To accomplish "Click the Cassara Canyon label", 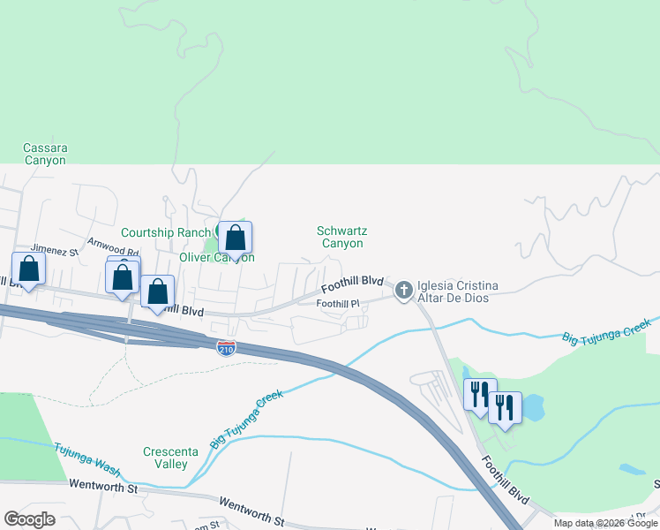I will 45,155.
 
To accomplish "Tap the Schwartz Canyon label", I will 340,237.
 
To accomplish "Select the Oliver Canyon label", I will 217,257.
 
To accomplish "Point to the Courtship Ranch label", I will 166,232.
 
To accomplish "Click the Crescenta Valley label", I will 165,458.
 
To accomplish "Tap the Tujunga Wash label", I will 85,450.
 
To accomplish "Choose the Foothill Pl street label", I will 339,304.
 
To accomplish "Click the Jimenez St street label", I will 55,251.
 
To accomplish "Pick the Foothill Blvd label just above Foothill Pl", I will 352,284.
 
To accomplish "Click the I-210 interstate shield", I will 227,347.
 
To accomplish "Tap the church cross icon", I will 404,290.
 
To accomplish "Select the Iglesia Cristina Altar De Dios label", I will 458,291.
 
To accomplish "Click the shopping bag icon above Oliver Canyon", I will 235,238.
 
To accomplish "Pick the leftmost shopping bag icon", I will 28,269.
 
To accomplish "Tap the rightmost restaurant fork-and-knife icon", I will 505,407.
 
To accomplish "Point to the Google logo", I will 29,519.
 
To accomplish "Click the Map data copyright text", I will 604,523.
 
